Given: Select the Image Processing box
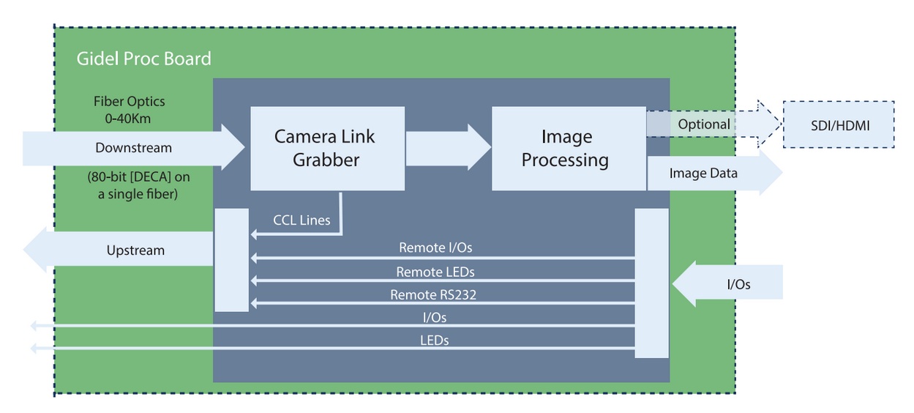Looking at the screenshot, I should [568, 148].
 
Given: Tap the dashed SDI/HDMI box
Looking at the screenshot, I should [839, 124].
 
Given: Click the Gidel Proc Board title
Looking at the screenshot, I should [143, 59].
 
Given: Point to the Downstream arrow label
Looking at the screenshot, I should [133, 148].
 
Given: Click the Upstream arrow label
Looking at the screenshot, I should [135, 250].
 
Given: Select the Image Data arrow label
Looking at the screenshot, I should [703, 174].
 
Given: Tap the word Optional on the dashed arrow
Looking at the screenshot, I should [703, 124].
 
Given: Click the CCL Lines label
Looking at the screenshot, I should [301, 220].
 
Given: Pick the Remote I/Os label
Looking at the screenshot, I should [435, 248].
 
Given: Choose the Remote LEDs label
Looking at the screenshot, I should [435, 272].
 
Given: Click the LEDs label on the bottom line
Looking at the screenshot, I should [435, 340].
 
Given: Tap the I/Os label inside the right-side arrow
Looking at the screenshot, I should [738, 284].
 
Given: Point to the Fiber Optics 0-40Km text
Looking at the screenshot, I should [129, 109].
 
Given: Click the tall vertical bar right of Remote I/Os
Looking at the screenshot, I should [651, 283].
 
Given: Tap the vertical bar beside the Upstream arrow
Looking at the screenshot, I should [231, 259].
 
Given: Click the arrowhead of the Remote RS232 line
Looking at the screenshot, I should [254, 304].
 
